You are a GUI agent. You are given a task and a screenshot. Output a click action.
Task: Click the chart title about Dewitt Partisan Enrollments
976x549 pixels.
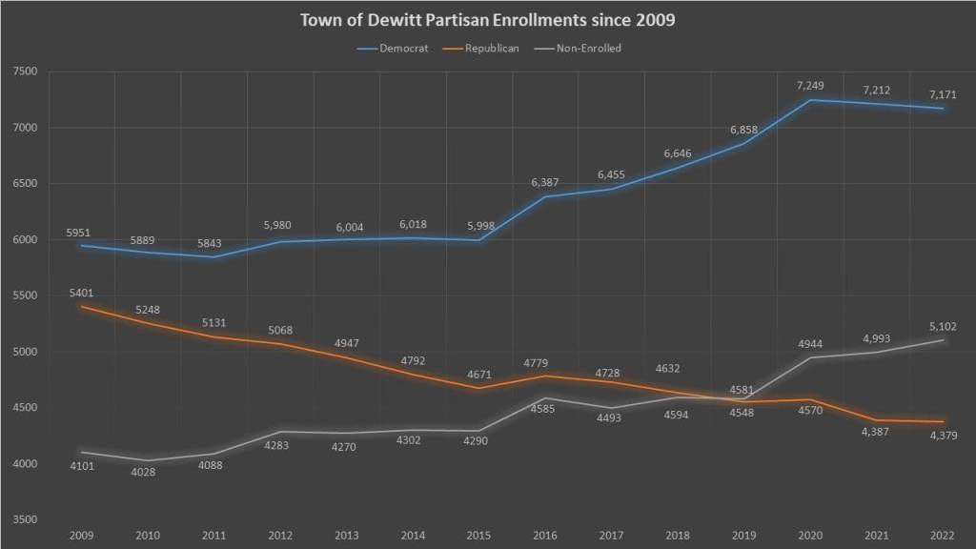(487, 20)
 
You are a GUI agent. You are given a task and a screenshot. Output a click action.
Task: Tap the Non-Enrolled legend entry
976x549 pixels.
(587, 48)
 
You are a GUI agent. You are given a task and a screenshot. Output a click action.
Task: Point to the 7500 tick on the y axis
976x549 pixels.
(25, 71)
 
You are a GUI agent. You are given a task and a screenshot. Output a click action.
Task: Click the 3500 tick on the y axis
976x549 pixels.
(25, 520)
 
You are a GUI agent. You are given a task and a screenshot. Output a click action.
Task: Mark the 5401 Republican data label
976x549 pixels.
(80, 294)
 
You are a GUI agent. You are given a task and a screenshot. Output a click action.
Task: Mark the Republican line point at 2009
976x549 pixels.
(80, 307)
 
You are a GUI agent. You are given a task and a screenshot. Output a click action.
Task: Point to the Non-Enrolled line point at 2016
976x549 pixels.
(545, 398)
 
